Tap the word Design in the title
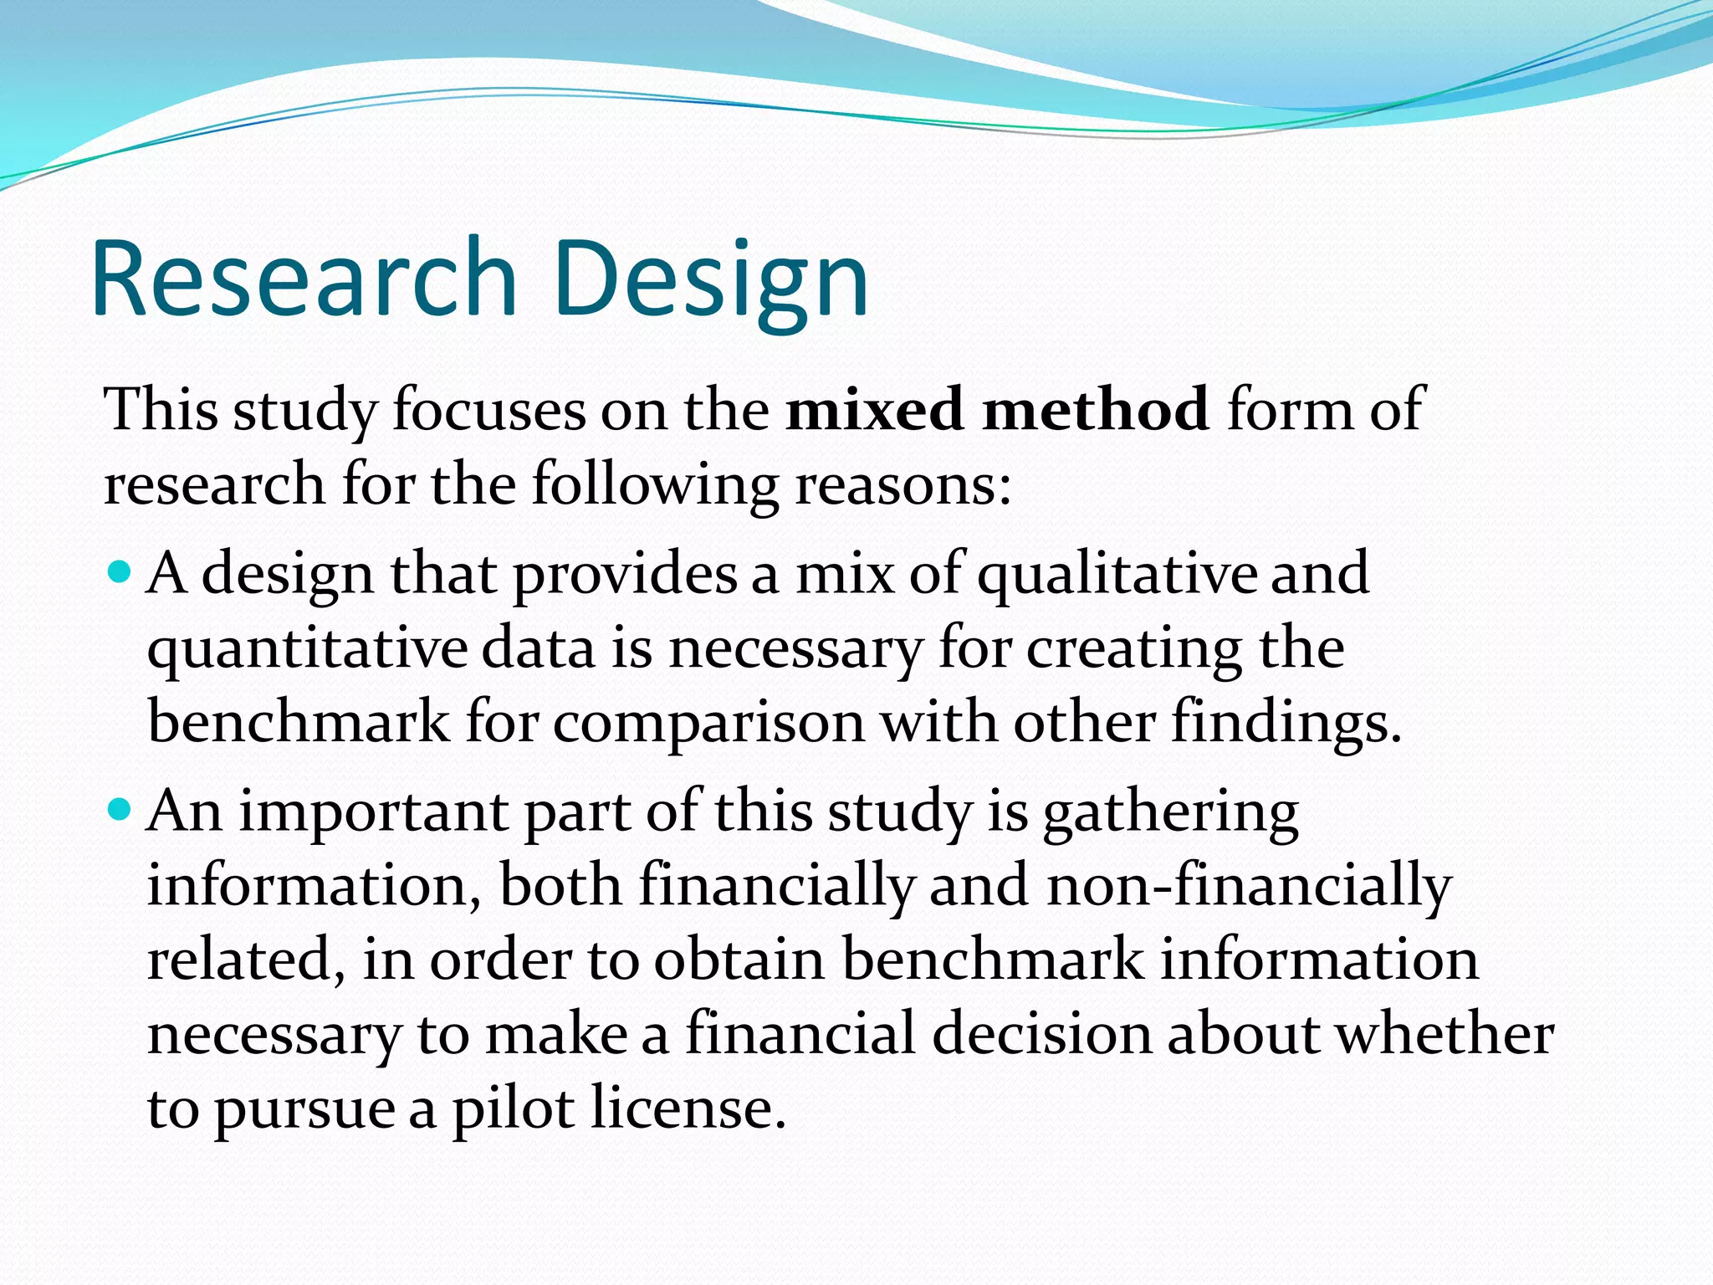point(710,280)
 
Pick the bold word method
point(1096,410)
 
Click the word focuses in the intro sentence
point(489,410)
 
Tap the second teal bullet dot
point(120,809)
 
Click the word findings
point(1285,723)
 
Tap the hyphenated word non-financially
point(1250,885)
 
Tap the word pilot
point(514,1109)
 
